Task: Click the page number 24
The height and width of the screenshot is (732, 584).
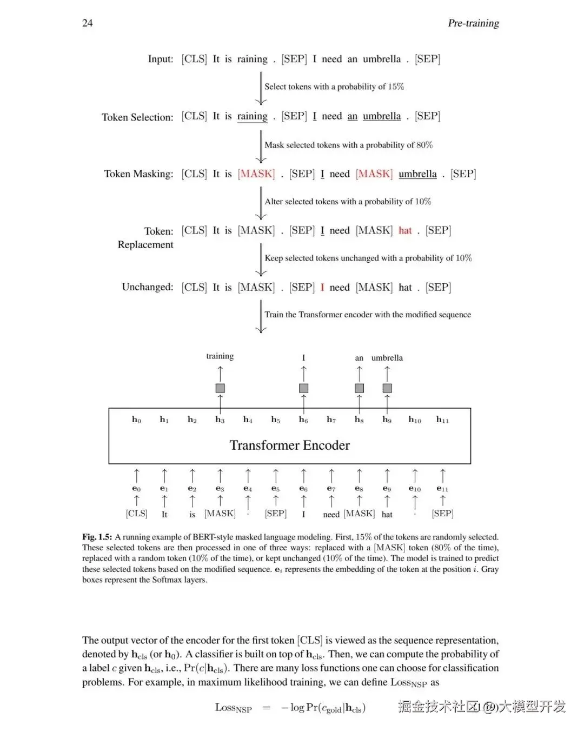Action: click(87, 23)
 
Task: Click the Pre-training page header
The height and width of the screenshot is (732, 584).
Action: click(473, 23)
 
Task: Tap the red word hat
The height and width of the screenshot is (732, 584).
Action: click(405, 230)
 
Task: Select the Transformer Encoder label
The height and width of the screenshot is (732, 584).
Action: click(289, 445)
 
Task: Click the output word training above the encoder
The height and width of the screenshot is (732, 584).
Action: click(220, 356)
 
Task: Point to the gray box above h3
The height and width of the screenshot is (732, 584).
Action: click(220, 388)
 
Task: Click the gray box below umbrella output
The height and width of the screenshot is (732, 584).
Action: click(387, 388)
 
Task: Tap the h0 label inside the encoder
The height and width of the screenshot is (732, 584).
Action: click(136, 420)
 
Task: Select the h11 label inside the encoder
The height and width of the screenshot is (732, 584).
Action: click(442, 420)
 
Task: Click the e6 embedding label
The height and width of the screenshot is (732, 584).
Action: click(303, 489)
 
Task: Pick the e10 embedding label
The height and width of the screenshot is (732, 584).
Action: click(415, 489)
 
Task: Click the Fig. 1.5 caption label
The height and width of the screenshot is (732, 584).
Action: click(97, 537)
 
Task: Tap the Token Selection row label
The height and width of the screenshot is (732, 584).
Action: click(137, 117)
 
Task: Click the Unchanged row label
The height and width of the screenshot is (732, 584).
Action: click(148, 287)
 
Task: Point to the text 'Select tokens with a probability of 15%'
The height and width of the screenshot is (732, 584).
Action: click(334, 86)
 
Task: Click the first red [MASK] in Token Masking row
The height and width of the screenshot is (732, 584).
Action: click(256, 174)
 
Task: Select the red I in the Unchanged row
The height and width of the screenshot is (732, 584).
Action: click(322, 287)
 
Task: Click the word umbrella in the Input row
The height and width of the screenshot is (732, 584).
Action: click(382, 59)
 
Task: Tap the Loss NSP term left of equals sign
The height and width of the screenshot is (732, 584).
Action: click(233, 708)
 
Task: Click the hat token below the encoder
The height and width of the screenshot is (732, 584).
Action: click(387, 514)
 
